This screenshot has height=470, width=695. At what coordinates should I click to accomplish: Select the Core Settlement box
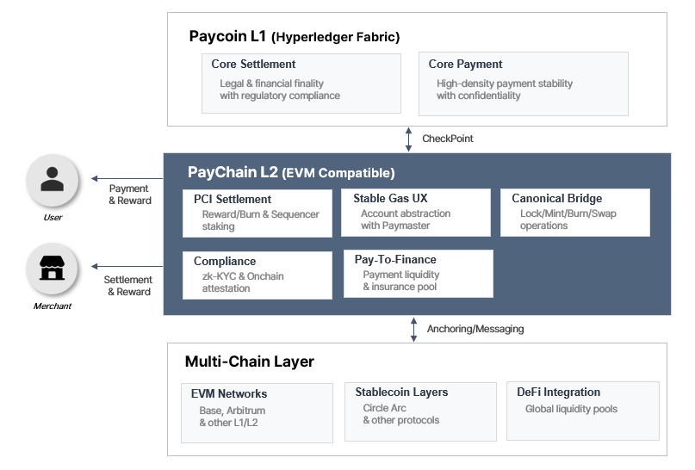click(x=301, y=83)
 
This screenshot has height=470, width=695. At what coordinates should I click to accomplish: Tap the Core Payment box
click(x=523, y=83)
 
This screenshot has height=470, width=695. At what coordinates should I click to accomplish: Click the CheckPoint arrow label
click(x=447, y=139)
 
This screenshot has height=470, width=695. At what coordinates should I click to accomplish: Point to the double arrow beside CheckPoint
click(x=409, y=139)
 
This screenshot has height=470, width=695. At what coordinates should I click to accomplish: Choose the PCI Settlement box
click(x=257, y=213)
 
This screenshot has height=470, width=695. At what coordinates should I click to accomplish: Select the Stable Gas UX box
click(x=415, y=213)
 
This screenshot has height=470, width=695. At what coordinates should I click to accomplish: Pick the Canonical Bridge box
click(x=574, y=213)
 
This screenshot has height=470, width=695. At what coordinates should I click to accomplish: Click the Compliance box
click(x=257, y=275)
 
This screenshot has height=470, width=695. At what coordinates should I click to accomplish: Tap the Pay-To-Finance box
click(x=418, y=274)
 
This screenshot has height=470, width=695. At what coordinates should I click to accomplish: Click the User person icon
click(x=53, y=180)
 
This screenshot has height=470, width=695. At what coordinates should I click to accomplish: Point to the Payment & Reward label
click(x=129, y=195)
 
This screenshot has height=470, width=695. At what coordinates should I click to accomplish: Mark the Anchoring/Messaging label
click(x=475, y=329)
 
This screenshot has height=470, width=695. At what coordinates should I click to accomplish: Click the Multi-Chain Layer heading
click(x=249, y=362)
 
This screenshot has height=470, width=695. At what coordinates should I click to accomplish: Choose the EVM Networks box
click(x=257, y=412)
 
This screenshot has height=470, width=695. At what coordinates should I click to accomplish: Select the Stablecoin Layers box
click(x=419, y=411)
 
